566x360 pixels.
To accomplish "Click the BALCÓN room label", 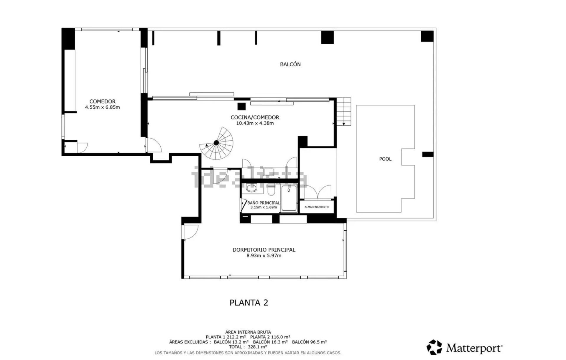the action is [x=290, y=64].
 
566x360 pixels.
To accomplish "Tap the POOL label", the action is [x=385, y=159].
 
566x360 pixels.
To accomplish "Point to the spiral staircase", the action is [x=216, y=143].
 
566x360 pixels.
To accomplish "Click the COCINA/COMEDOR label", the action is [x=255, y=117].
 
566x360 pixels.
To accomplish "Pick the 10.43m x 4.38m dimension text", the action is [x=255, y=123].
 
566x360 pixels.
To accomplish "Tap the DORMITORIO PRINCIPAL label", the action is [x=264, y=250].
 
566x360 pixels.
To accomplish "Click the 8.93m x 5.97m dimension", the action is [x=264, y=256].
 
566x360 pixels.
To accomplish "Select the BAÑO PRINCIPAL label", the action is [x=264, y=203].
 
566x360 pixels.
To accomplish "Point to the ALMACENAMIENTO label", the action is [x=317, y=207].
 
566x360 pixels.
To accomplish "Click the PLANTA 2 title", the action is [x=249, y=303].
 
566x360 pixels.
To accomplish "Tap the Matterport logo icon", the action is [x=434, y=347].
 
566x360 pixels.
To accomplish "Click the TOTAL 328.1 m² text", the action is [x=248, y=347].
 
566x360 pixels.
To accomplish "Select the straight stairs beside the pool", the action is [x=344, y=111].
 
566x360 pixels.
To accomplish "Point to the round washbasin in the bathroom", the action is [x=251, y=188].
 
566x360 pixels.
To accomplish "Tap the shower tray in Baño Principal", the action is [x=289, y=198].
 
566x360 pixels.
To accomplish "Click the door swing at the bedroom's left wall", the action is [x=190, y=232].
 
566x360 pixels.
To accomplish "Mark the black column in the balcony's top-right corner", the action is [x=427, y=36].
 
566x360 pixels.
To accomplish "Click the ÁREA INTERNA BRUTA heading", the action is [x=248, y=332].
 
